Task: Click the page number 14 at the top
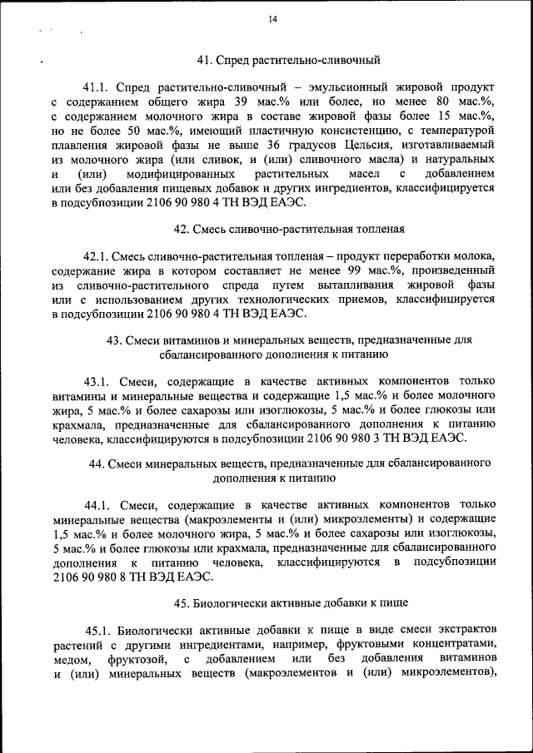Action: [x=273, y=19]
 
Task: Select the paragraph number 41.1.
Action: [x=96, y=87]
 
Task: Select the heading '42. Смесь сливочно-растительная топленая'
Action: [x=288, y=228]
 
